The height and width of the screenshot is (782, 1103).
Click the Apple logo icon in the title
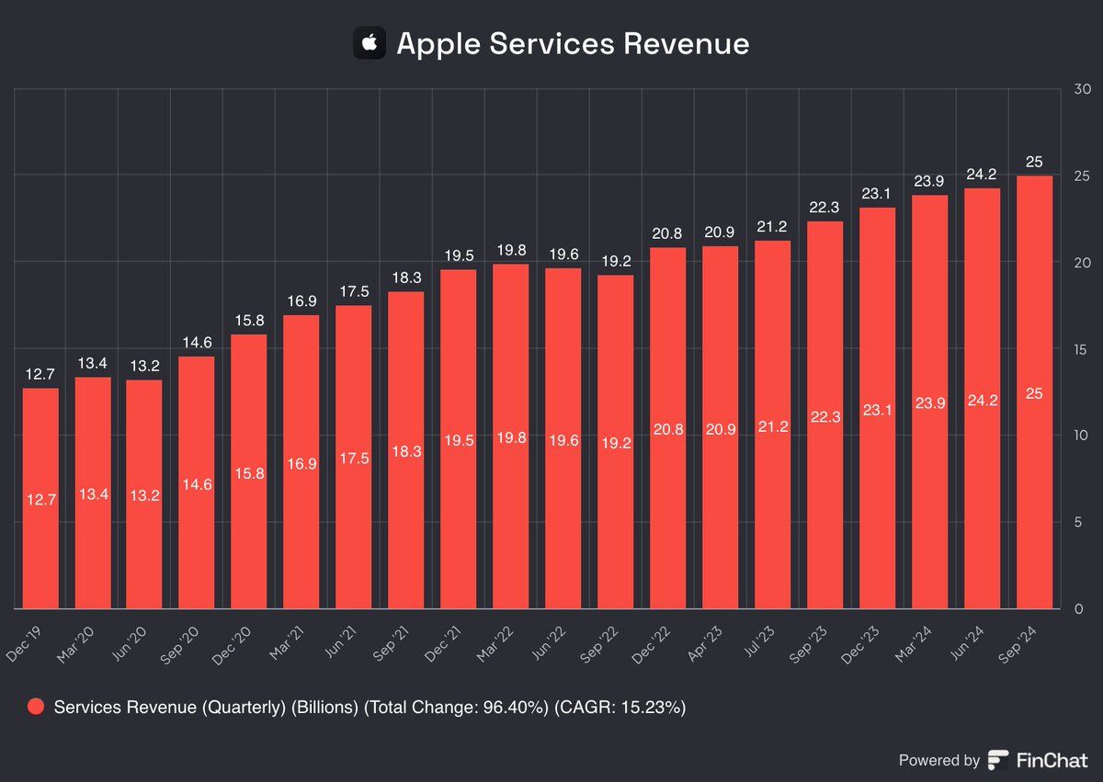370,43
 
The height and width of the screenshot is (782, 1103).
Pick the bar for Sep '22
616,442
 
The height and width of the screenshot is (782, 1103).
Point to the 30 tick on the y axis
1082,89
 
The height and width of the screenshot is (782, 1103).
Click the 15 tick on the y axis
1082,349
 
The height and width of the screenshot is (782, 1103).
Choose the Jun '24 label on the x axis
981,635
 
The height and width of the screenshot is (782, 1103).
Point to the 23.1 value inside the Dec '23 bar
877,412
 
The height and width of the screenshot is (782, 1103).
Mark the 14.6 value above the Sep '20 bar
197,344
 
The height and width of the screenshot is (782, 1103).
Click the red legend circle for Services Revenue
37,707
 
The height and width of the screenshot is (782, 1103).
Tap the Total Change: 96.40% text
459,707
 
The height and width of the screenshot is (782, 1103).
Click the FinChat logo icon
998,760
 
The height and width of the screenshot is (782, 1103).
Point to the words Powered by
938,760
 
